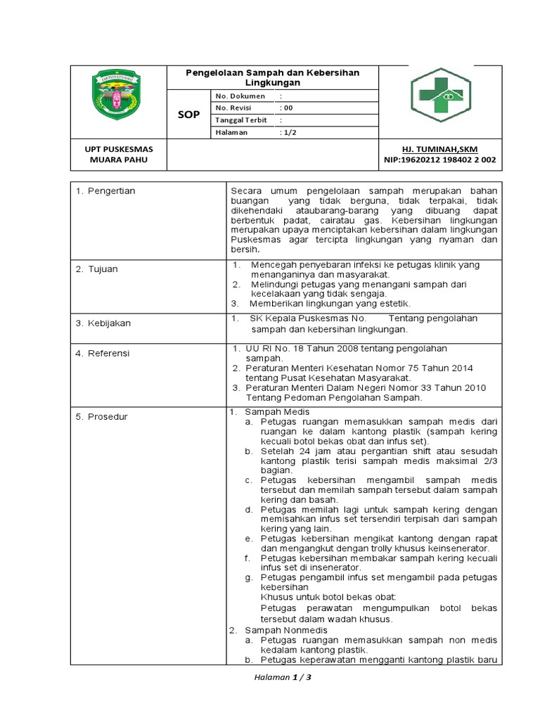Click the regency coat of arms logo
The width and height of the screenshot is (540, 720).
pyautogui.click(x=117, y=95)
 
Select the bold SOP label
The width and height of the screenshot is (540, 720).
pyautogui.click(x=188, y=114)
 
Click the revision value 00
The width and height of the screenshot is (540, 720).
pyautogui.click(x=286, y=108)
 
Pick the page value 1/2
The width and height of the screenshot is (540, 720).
pyautogui.click(x=288, y=132)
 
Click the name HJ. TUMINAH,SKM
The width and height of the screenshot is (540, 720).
pyautogui.click(x=440, y=149)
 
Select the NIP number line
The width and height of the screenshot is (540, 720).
pyautogui.click(x=440, y=160)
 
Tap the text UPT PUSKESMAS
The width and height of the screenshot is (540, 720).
pyautogui.click(x=118, y=149)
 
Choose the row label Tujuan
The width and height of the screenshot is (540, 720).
pyautogui.click(x=103, y=269)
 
